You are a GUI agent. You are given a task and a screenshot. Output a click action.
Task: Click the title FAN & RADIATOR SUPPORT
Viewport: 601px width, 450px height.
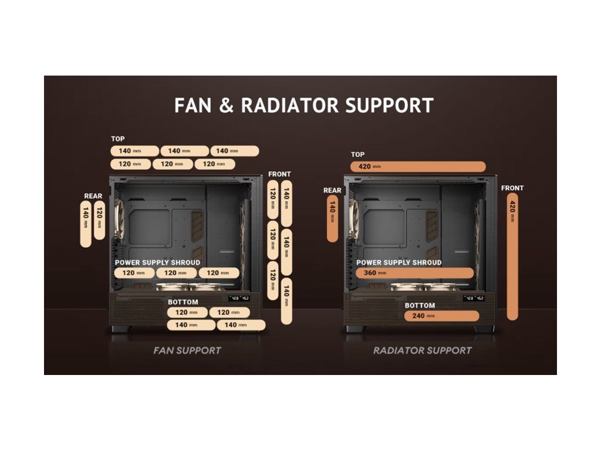pos(303,105)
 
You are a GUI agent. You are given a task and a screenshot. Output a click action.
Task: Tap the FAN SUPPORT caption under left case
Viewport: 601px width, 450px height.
pos(187,350)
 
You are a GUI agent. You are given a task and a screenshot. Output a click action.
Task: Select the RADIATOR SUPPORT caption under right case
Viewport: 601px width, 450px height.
pos(423,350)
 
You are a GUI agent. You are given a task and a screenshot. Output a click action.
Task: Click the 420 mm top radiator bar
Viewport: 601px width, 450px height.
pos(418,166)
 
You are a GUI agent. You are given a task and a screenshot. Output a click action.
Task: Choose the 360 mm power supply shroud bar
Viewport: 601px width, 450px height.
pos(414,273)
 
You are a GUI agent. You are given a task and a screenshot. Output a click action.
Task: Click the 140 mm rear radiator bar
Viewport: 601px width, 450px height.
pos(332,219)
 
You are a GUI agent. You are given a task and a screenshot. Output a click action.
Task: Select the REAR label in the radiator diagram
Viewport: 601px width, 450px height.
pos(332,190)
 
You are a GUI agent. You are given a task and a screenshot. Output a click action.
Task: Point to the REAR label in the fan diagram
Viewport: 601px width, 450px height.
pos(93,196)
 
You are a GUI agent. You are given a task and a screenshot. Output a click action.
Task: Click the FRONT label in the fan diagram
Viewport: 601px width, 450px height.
pos(279,174)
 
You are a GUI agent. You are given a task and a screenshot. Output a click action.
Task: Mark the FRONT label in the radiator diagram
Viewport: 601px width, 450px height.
pos(512,188)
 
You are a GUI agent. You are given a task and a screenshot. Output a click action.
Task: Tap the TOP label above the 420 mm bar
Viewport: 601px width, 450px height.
pos(357,155)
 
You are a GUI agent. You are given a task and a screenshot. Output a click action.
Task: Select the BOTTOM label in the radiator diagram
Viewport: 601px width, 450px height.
pos(420,305)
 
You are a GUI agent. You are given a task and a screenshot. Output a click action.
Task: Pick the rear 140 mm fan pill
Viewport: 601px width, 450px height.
pos(86,224)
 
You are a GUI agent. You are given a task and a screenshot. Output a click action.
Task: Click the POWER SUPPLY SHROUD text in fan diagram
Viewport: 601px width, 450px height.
pos(157,262)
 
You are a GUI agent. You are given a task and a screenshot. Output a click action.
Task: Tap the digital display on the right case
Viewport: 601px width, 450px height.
pos(473,298)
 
